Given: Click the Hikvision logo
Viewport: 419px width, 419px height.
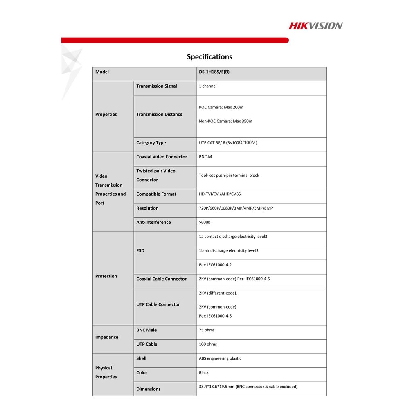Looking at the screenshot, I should point(315,26).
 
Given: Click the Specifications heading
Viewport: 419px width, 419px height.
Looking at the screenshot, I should point(209,57).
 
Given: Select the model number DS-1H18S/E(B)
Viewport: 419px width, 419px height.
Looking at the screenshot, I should point(214,72).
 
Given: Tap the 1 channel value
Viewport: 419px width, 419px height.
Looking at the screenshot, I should point(208,86).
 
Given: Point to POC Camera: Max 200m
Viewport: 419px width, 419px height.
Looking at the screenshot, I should point(221,108).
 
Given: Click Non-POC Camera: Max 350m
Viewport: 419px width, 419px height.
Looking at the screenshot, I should point(225,122).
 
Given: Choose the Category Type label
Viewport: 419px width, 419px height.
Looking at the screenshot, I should point(151,143).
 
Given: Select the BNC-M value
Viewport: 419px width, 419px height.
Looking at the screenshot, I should point(205,157).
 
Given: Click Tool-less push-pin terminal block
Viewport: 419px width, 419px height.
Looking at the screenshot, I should point(229,176).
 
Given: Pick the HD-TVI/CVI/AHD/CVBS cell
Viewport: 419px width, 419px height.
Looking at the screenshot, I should point(220,194).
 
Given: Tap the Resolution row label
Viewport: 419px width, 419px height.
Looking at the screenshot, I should point(147,208).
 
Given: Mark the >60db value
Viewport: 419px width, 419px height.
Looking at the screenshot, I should point(205,223).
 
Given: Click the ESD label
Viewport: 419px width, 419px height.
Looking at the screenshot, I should point(140,251).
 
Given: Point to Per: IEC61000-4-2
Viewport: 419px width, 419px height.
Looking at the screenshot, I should point(215,265).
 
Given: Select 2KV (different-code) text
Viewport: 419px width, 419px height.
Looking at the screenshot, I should point(218,293).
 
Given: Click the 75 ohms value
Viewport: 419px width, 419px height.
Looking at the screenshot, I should point(207,330).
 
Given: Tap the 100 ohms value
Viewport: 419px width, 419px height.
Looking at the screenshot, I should point(208,345).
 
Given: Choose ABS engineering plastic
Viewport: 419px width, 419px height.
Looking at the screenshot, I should point(220,359).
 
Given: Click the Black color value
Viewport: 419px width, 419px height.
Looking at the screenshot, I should point(204,373).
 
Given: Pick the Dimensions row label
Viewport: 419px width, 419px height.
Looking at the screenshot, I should point(148,389).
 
